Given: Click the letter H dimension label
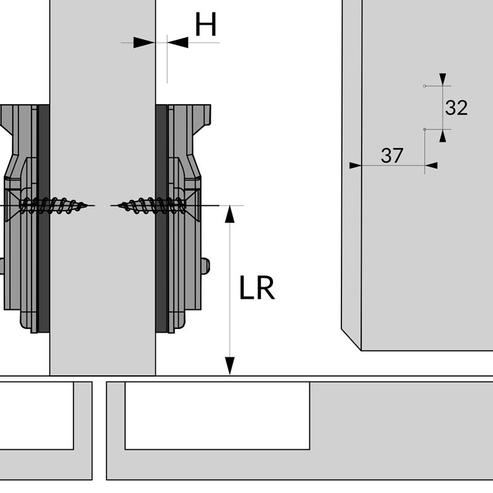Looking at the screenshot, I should pyautogui.click(x=206, y=25).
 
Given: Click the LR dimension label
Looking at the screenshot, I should pyautogui.click(x=257, y=288).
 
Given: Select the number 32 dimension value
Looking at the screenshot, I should pyautogui.click(x=456, y=108).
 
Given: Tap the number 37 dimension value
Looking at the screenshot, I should pyautogui.click(x=392, y=156).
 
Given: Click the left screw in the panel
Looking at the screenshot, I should pyautogui.click(x=55, y=205).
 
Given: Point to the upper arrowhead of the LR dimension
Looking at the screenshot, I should pyautogui.click(x=230, y=213).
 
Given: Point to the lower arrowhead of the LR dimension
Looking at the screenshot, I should pyautogui.click(x=230, y=366).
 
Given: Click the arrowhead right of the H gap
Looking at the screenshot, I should pyautogui.click(x=177, y=43).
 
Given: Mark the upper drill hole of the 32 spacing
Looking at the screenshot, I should pyautogui.click(x=425, y=86).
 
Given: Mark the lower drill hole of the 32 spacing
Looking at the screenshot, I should pyautogui.click(x=425, y=129).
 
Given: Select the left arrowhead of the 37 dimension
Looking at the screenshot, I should pyautogui.click(x=355, y=165).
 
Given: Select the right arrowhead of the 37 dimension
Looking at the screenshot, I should pyautogui.click(x=431, y=165).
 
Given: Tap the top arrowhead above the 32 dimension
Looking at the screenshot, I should pyautogui.click(x=442, y=79).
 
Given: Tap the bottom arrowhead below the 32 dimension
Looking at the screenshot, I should pyautogui.click(x=442, y=136).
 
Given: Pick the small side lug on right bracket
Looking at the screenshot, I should pyautogui.click(x=205, y=266).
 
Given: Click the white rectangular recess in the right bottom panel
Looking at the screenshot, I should pyautogui.click(x=217, y=415).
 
